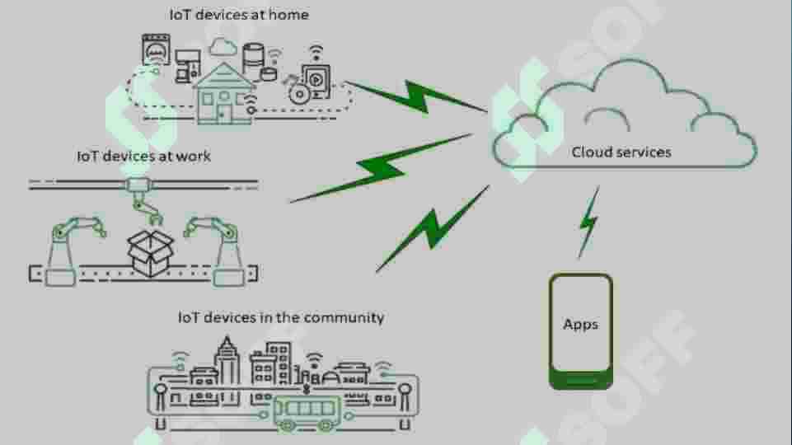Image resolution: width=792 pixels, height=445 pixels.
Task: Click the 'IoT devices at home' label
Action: pyautogui.click(x=239, y=15)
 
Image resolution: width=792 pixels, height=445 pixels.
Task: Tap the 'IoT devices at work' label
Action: pyautogui.click(x=143, y=156)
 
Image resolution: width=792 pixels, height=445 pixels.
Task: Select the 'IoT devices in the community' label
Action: pyautogui.click(x=281, y=317)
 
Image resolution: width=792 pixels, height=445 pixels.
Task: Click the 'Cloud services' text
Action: pyautogui.click(x=621, y=152)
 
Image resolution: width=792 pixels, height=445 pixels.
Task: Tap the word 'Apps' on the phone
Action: pyautogui.click(x=580, y=324)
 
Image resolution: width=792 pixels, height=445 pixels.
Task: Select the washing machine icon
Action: pyautogui.click(x=156, y=49)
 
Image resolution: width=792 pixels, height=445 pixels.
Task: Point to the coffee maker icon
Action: pyautogui.click(x=187, y=66)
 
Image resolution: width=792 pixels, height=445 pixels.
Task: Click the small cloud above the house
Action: pyautogui.click(x=223, y=47)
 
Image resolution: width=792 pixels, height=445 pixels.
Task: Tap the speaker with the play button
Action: pyautogui.click(x=316, y=80)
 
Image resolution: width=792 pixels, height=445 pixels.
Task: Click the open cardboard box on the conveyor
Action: pyautogui.click(x=151, y=253)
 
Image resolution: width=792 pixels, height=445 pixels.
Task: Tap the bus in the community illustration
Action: pyautogui.click(x=307, y=413)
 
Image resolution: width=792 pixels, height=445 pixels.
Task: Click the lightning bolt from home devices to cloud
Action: pyautogui.click(x=416, y=97)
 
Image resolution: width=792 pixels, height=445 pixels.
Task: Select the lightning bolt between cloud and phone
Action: pyautogui.click(x=589, y=222)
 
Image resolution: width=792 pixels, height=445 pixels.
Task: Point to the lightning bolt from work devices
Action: pyautogui.click(x=382, y=168)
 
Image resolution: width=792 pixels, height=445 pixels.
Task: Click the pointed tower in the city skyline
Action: pyautogui.click(x=227, y=360)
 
